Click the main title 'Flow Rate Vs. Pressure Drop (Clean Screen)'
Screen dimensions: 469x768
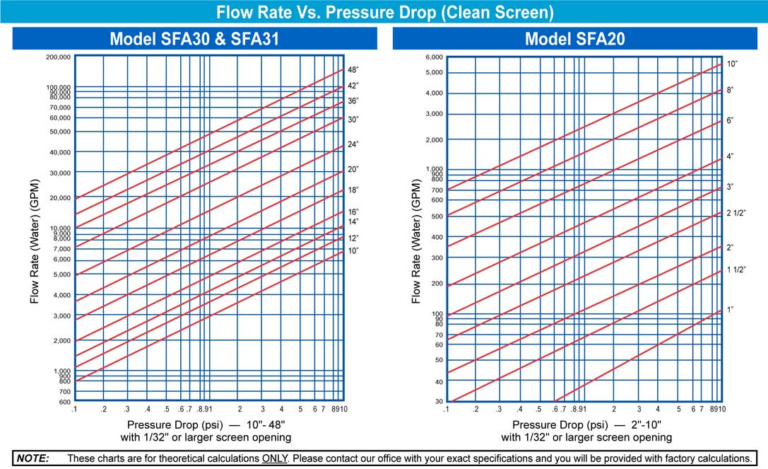coord(384,12)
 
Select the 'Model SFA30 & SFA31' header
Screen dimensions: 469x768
coord(194,39)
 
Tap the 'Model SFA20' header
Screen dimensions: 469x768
coord(574,39)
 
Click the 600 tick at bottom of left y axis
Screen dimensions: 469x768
coord(64,402)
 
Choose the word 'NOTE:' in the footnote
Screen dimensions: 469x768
coord(33,458)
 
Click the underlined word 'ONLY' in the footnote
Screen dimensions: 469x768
coord(275,458)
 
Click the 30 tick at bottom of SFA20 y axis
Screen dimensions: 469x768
coord(439,402)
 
